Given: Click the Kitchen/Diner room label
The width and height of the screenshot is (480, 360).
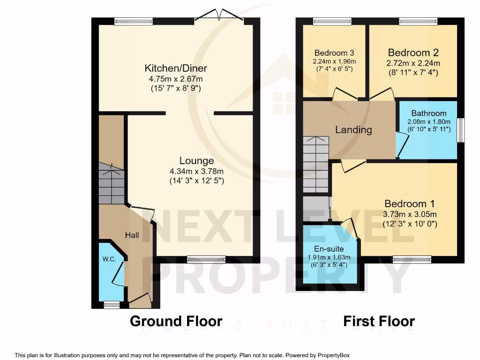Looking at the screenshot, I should coord(176,68).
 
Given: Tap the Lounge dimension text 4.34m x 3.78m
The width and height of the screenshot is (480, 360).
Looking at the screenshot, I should coord(197,171).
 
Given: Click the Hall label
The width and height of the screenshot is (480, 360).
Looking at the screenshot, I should coord(132,235).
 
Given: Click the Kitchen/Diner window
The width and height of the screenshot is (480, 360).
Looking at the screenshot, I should coord(134,21).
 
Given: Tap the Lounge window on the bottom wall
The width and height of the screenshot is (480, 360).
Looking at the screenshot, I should coord(206,259).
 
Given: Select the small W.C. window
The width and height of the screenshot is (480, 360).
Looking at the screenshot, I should coord(112,305).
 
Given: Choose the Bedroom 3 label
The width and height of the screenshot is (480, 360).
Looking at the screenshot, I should coord(334,52).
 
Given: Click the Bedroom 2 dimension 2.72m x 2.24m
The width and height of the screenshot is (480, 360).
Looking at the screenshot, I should coord(413,63).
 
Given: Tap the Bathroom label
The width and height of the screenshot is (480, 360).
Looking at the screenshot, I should coord(428,113).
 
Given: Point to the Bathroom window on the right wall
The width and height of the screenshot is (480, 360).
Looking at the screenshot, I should coord(461,130).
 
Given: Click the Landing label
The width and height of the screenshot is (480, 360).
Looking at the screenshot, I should coord(353,130).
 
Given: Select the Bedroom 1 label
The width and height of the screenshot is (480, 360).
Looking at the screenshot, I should coord(409,204).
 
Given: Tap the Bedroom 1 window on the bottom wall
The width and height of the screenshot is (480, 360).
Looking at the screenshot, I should coord(412,259).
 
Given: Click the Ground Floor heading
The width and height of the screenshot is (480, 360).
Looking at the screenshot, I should coord(176,321).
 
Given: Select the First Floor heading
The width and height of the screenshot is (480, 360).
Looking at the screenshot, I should coord(379,321).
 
